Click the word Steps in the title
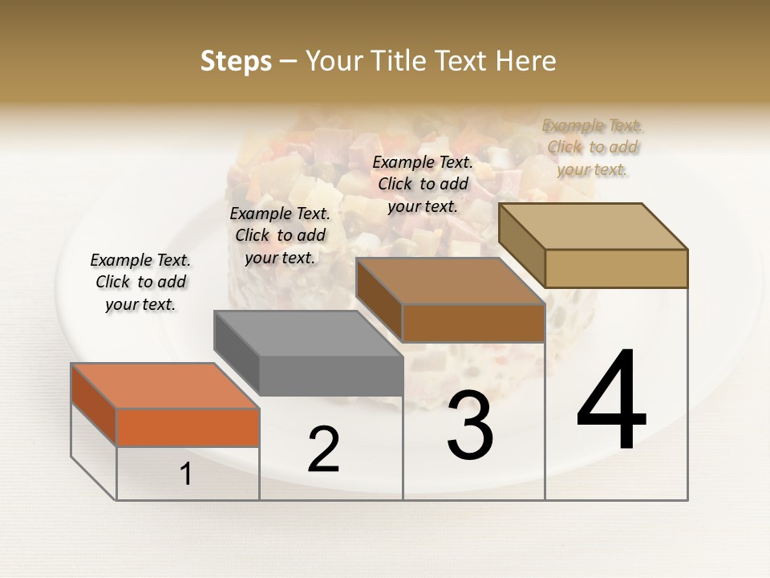[x=236, y=61]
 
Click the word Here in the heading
[x=525, y=61]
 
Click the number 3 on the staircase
[x=470, y=425]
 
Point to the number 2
[x=323, y=450]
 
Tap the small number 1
[x=186, y=474]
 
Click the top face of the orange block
[x=165, y=386]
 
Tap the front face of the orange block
[x=188, y=427]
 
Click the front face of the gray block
[x=330, y=376]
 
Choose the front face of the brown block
[x=473, y=324]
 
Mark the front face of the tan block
[x=616, y=268]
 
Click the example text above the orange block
[x=140, y=282]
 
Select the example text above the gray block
[x=280, y=235]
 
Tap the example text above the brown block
[x=423, y=184]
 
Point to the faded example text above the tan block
[x=592, y=147]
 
